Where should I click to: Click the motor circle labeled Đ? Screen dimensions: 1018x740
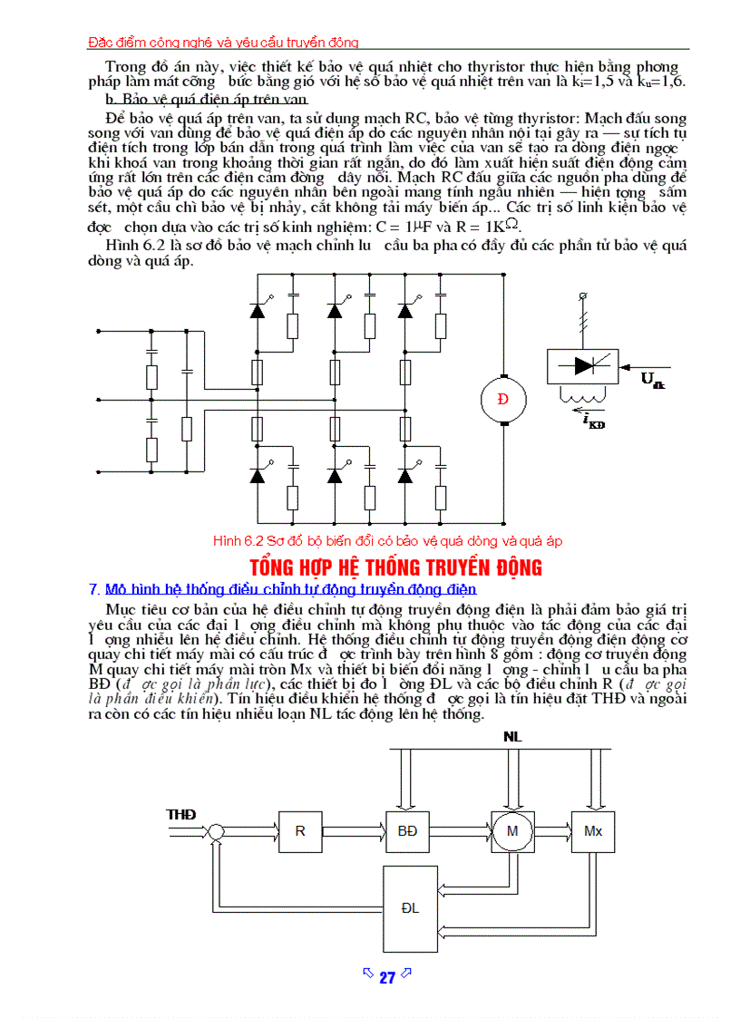pyautogui.click(x=503, y=400)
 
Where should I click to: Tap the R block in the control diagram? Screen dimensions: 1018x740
pyautogui.click(x=300, y=831)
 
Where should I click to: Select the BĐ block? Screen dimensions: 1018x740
pyautogui.click(x=407, y=831)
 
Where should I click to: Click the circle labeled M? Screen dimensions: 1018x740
pyautogui.click(x=512, y=831)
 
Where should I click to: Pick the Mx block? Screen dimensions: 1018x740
pyautogui.click(x=593, y=831)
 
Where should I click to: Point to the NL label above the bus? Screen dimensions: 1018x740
pyautogui.click(x=513, y=737)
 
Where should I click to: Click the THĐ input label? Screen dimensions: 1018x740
pyautogui.click(x=181, y=815)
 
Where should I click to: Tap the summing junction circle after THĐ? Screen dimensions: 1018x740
pyautogui.click(x=216, y=831)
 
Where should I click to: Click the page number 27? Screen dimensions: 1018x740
pyautogui.click(x=387, y=978)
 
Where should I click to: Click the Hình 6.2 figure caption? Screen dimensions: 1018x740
pyautogui.click(x=387, y=541)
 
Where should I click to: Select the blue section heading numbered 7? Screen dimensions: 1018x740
pyautogui.click(x=290, y=589)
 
